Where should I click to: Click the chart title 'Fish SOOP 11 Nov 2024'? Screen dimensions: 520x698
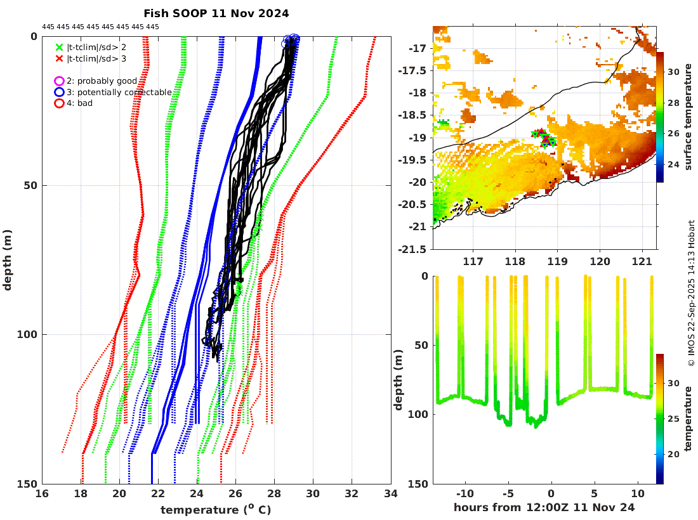(x=216, y=13)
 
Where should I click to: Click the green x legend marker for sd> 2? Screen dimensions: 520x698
(x=59, y=47)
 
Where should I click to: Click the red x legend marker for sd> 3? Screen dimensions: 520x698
(x=59, y=58)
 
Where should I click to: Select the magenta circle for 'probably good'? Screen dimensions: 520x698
(x=59, y=81)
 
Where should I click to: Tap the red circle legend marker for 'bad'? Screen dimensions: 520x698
(x=59, y=103)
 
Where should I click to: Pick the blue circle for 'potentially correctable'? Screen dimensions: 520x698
(x=59, y=93)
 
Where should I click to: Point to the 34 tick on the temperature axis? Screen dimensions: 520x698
(x=390, y=494)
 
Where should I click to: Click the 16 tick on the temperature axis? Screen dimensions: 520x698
(x=42, y=494)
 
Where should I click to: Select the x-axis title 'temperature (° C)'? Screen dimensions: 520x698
(x=216, y=510)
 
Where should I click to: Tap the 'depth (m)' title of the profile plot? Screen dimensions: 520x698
(x=8, y=260)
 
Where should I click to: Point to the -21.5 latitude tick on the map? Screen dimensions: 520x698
(x=413, y=249)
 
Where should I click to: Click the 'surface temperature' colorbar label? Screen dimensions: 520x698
(x=687, y=117)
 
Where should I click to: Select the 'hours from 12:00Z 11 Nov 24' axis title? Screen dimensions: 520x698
(x=544, y=508)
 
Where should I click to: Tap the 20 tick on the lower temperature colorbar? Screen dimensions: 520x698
(x=673, y=454)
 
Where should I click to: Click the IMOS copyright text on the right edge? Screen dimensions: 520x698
(x=691, y=293)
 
